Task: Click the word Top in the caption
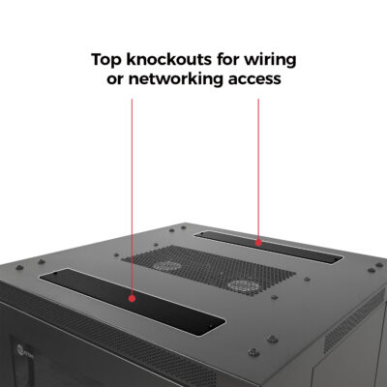pos(107,59)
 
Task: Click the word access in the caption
pos(253,79)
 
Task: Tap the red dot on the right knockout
pos(258,243)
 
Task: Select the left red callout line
pos(132,193)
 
